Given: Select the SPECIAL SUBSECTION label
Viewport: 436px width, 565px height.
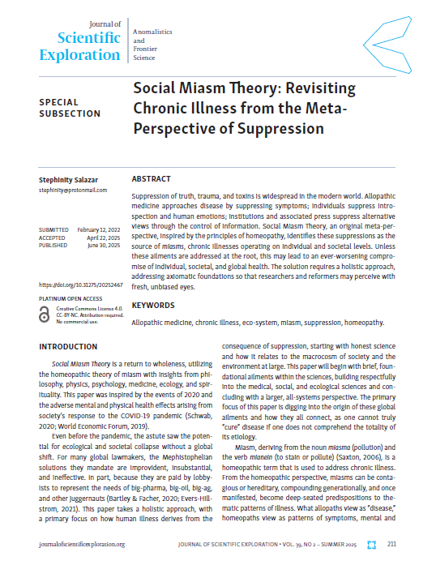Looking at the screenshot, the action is click(x=70, y=108).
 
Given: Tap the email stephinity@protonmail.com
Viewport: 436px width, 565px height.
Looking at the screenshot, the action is click(x=73, y=190).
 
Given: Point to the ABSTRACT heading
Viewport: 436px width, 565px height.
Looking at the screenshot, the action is click(x=151, y=178).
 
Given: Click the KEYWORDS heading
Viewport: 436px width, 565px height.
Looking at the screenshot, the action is click(x=152, y=306).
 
